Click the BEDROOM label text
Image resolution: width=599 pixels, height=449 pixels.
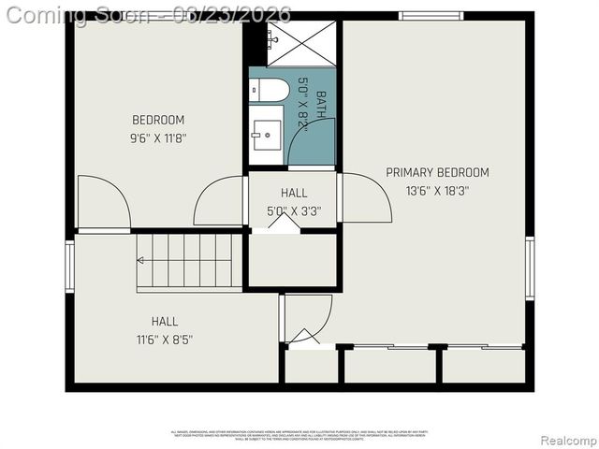(x=158, y=120)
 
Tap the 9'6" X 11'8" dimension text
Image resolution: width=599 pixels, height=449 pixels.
(x=158, y=138)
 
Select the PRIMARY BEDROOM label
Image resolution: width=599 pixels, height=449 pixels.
(x=437, y=172)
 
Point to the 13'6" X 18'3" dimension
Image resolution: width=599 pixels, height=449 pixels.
(x=437, y=191)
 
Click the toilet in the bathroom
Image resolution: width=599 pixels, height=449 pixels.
(x=269, y=90)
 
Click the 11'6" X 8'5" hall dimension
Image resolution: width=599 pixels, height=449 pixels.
(x=165, y=340)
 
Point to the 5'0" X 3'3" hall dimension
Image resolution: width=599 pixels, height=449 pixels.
(x=294, y=211)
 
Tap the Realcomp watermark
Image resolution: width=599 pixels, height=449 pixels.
(x=570, y=441)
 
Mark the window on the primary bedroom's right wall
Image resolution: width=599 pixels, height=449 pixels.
(x=530, y=268)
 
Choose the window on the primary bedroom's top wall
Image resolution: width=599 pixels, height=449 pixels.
(x=431, y=16)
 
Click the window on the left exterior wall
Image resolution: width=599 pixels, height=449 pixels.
(x=69, y=267)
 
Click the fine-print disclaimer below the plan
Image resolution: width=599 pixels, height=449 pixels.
(x=299, y=433)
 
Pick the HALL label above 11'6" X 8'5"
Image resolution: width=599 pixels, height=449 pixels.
(x=165, y=321)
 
